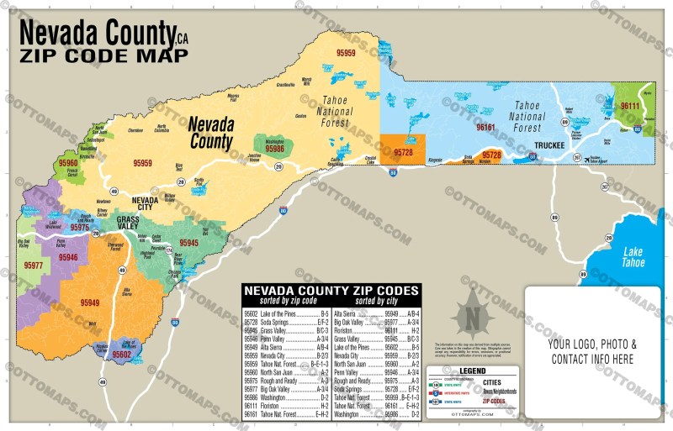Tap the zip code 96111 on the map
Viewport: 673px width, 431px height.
(x=629, y=107)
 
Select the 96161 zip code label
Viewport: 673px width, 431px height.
(x=486, y=127)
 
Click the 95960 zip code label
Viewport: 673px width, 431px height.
(x=68, y=164)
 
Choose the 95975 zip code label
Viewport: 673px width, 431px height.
(x=80, y=228)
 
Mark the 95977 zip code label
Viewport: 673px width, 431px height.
(x=34, y=265)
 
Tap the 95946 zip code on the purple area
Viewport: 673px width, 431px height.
(x=68, y=257)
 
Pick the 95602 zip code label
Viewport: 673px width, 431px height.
(x=121, y=355)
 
